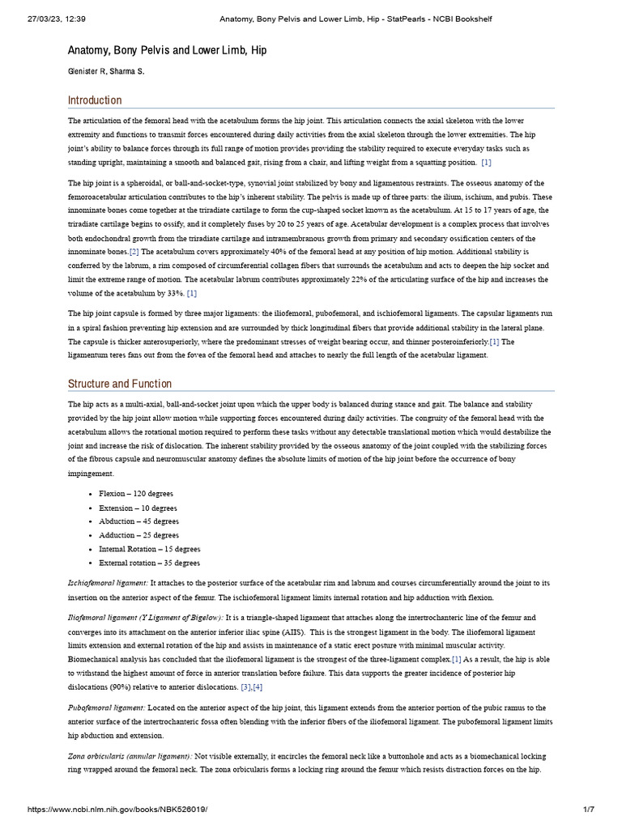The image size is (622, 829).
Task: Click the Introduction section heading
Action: pos(95,100)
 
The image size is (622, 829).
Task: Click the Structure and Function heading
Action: pos(119,384)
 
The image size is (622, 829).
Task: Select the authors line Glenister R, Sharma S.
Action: pos(107,72)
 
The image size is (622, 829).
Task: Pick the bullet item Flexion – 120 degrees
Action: pos(136,493)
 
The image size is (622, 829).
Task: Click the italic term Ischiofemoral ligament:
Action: pos(108,583)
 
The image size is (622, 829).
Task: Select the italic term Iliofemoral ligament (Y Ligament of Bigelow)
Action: pos(145,618)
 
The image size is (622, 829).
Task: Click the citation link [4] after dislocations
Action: pos(258,665)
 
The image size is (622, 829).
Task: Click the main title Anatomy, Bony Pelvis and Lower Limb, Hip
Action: pos(167,50)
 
